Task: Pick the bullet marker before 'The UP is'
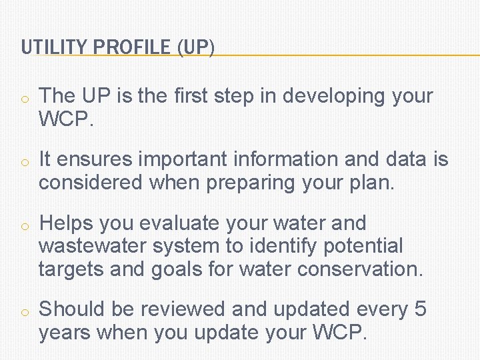(x=23, y=99)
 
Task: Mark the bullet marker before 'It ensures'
(x=23, y=162)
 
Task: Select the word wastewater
(x=93, y=246)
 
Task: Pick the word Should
(x=73, y=309)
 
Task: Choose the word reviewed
(x=181, y=309)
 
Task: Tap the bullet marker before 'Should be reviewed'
(x=23, y=311)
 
